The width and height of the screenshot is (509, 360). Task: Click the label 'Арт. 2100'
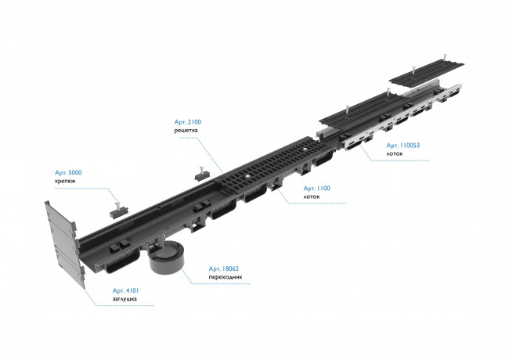point(188,122)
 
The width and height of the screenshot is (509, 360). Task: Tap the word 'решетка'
point(186,131)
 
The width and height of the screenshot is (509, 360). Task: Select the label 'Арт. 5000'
point(68,172)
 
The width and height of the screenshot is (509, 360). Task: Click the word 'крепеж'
point(65,181)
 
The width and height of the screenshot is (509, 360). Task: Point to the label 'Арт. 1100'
point(317,189)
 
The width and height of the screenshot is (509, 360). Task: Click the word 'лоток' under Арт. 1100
point(312,197)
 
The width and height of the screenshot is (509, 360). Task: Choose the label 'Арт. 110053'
point(403,146)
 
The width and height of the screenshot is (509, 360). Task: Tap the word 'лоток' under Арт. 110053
point(395,153)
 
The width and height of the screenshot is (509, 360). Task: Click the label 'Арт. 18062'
point(224,269)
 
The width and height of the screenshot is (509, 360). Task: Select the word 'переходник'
point(226,277)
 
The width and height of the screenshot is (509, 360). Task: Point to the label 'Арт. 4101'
point(125,290)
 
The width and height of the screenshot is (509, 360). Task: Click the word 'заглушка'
point(125,299)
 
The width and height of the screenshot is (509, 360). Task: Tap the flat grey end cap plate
point(64,244)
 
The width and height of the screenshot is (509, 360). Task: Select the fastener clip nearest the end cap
point(118,211)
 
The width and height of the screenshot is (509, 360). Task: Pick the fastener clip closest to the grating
point(202,175)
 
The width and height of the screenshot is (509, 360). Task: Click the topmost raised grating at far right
point(426,74)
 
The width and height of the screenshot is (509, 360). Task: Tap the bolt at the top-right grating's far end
point(444,56)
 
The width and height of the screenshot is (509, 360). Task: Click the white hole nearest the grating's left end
point(248,176)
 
